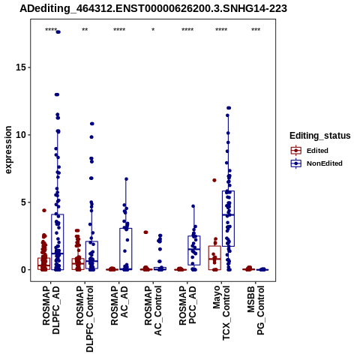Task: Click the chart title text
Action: click(x=153, y=9)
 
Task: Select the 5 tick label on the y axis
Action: click(x=23, y=202)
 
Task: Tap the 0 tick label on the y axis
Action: click(x=23, y=270)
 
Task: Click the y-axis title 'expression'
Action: click(x=8, y=150)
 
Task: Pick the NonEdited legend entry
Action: click(x=316, y=163)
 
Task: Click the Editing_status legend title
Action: click(x=320, y=136)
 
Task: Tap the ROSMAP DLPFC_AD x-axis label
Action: click(x=51, y=310)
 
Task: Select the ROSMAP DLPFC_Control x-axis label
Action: click(x=85, y=319)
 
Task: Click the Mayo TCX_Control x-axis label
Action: click(x=221, y=313)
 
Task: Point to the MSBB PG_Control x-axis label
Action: click(x=256, y=310)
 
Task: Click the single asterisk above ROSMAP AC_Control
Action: click(x=153, y=30)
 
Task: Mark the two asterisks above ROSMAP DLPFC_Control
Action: click(x=85, y=30)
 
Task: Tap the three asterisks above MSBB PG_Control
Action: click(x=256, y=30)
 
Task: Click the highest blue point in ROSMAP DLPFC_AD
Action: click(x=58, y=32)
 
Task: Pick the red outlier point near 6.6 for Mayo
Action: click(x=214, y=180)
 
